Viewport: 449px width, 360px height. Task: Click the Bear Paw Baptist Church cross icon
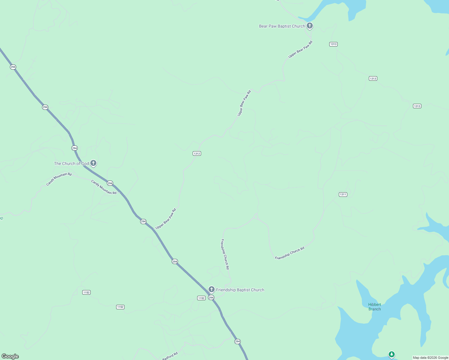[310, 26]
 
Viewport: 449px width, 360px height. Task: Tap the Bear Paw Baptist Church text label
[282, 26]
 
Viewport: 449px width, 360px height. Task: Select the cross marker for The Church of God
[93, 163]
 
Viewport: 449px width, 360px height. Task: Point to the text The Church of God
[71, 163]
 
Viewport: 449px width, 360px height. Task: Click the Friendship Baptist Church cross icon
[212, 289]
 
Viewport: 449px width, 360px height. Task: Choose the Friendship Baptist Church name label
[240, 290]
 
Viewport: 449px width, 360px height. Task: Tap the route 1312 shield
[197, 154]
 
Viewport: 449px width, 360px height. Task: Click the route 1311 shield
[343, 194]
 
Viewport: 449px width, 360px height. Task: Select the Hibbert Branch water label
[375, 307]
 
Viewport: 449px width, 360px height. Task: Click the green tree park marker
[391, 355]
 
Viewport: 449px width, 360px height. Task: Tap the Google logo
[10, 356]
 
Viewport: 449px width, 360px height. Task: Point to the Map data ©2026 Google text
[430, 358]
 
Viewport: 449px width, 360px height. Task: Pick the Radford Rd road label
[170, 356]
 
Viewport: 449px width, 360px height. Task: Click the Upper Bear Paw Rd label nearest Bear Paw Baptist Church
[300, 49]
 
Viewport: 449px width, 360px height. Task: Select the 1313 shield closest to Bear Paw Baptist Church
[333, 44]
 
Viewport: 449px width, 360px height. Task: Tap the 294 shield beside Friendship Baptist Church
[211, 298]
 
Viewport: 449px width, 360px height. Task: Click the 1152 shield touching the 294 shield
[201, 298]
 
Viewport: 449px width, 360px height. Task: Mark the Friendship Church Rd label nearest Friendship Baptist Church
[225, 254]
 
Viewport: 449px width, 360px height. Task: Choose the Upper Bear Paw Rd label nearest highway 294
[166, 219]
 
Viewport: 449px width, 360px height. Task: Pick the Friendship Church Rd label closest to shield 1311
[290, 253]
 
